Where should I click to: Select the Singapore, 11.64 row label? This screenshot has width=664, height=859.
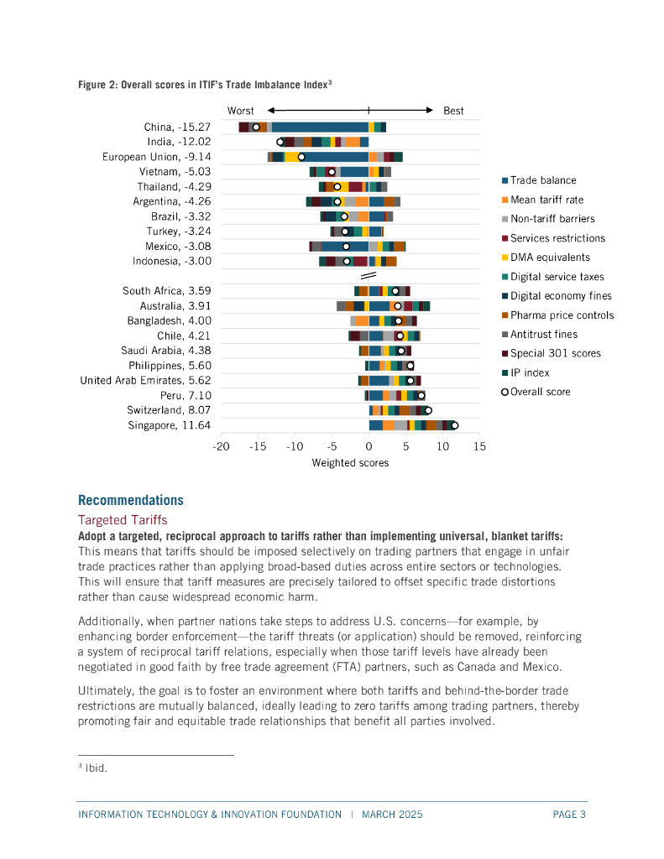tap(170, 425)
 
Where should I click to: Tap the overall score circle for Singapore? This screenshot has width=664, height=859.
tap(454, 425)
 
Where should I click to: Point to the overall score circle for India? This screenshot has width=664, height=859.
tap(280, 142)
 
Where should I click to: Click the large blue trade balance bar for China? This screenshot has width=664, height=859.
tap(319, 127)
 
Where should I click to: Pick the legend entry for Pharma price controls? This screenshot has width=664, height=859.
tap(562, 315)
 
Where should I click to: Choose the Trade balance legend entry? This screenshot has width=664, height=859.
tap(543, 180)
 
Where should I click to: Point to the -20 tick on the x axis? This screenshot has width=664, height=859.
tap(221, 446)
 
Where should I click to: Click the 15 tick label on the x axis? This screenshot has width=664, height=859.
tap(479, 446)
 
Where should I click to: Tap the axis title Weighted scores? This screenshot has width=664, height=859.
tap(350, 463)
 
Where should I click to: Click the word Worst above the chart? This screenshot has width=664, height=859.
tap(241, 111)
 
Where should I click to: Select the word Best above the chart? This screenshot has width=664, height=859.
tap(453, 111)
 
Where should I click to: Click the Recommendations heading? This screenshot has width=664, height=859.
tap(130, 500)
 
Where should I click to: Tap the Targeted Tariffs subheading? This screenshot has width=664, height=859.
tap(123, 520)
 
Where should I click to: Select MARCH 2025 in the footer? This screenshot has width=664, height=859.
tap(392, 815)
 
